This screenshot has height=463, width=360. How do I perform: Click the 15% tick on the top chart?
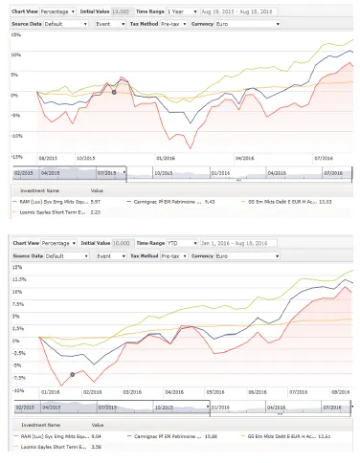pos(16,33)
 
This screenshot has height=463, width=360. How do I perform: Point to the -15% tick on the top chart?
pos(16,156)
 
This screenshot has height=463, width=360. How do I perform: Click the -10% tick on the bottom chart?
pos(16,389)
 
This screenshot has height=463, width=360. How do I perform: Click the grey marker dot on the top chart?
pos(114,92)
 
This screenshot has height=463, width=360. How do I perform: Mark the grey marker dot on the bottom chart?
pos(73,374)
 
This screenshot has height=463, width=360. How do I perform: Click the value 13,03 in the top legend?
pos(298,203)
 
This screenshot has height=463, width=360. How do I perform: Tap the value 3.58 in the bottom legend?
pos(97,446)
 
